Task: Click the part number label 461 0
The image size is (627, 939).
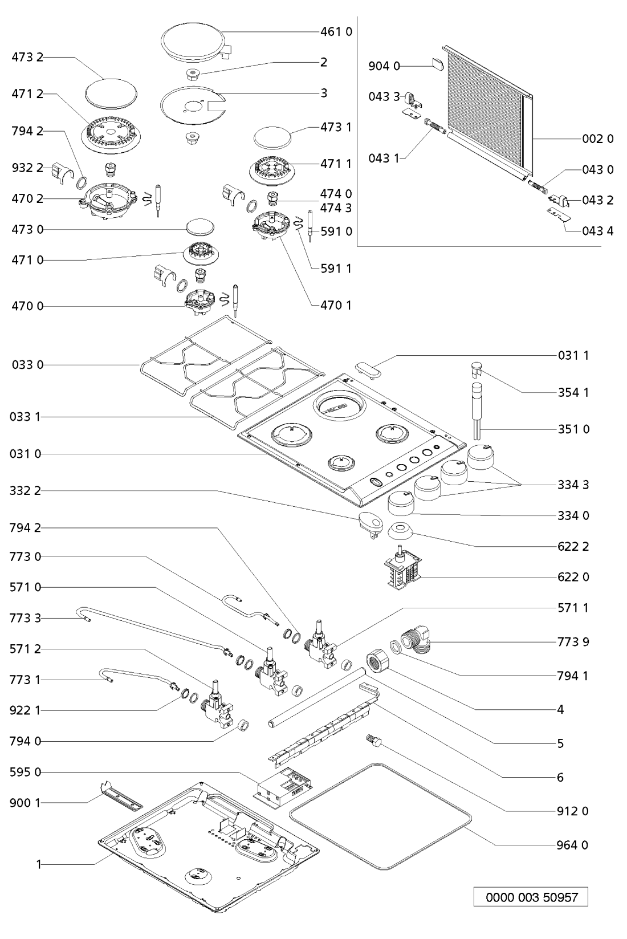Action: coord(335,31)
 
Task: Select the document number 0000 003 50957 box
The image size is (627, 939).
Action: coord(531,897)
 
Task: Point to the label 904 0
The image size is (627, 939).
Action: coord(384,67)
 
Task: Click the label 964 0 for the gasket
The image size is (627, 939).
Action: coord(572,844)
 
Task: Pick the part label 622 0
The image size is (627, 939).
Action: coord(573,577)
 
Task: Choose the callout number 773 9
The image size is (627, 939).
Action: coord(573,642)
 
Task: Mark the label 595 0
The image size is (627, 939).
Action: coord(26,773)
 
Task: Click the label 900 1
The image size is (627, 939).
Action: coord(26,803)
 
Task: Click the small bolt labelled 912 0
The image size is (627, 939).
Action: coord(374,741)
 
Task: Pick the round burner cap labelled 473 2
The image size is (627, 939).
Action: coord(112,92)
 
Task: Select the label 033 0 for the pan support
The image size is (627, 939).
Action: coord(27,365)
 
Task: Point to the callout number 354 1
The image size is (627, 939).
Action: coord(573,392)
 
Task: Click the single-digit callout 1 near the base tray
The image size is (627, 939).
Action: coord(39,864)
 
